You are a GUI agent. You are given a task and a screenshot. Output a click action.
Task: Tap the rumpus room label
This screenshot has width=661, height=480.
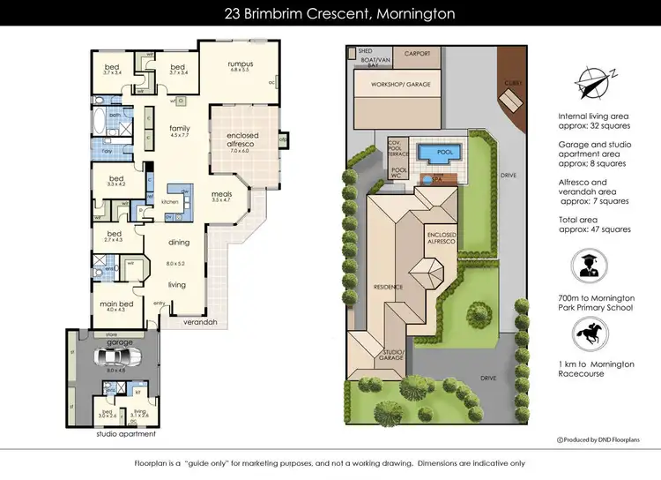point(241,64)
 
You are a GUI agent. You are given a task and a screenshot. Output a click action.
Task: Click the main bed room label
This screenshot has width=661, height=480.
point(116,304)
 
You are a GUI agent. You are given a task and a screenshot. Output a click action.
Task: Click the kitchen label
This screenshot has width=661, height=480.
point(170,202)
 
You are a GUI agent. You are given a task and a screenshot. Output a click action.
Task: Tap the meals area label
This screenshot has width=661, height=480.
point(220,196)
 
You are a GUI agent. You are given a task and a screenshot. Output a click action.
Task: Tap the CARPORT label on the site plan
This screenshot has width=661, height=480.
point(417,54)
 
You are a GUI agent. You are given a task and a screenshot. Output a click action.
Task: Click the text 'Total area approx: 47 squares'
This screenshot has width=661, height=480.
point(595,224)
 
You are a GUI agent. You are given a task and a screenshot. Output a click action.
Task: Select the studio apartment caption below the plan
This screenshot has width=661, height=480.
point(125,434)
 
